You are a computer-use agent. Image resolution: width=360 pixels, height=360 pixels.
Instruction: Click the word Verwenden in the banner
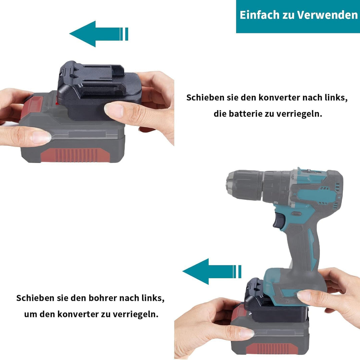[x=327, y=15]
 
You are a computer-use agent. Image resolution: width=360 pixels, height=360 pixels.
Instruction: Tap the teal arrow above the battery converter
[x=99, y=34]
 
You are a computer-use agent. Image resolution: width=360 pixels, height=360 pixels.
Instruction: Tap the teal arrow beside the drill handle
[x=212, y=271]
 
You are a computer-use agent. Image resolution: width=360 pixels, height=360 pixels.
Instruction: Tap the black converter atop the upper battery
[x=99, y=90]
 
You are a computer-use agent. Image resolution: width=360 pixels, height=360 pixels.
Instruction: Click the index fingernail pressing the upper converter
[x=114, y=110]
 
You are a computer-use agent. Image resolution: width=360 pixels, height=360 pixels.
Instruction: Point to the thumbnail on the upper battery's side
[x=41, y=137]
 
